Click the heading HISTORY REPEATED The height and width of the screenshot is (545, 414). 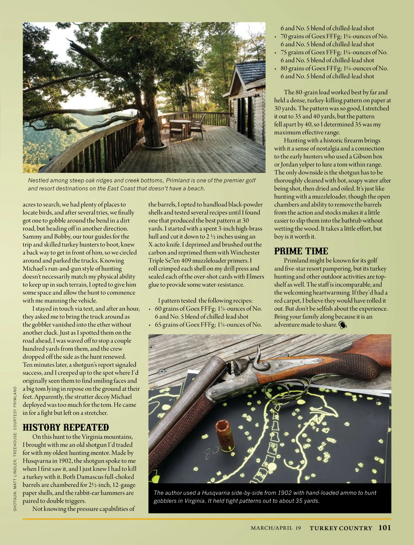pos(66,427)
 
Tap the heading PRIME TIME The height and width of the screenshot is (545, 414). pos(301,251)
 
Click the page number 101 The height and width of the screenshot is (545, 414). pos(384,528)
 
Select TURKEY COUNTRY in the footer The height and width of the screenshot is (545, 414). pos(341,528)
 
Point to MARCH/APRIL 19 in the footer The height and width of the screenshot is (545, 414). pos(276,528)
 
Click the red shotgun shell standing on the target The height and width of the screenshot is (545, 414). pos(223,436)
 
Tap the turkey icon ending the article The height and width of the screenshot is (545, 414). pos(343,325)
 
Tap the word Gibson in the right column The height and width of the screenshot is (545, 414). pos(362,156)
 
